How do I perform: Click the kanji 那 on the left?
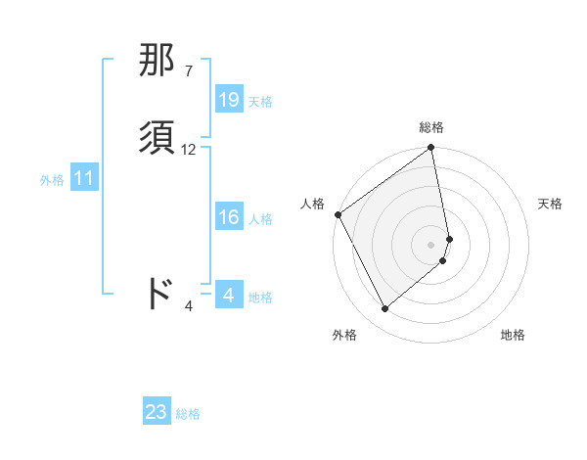pos(158,61)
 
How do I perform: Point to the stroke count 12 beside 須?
pos(189,150)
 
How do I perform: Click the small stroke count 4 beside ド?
pos(189,306)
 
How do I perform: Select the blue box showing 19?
pos(229,100)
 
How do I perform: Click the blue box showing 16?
pos(229,218)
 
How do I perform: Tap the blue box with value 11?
pos(84,179)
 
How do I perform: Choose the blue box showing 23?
pos(157,412)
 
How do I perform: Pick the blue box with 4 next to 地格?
pos(229,296)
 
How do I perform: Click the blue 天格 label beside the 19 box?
pos(260,101)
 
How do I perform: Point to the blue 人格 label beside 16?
pos(260,219)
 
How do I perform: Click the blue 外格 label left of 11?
pos(52,180)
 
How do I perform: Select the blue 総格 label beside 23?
pos(188,413)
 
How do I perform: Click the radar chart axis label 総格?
pos(431,127)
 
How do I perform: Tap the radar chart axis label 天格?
pos(550,204)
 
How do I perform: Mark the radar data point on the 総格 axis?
pos(431,149)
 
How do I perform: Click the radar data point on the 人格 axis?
pos(338,214)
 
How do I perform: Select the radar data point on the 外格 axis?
pos(384,309)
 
